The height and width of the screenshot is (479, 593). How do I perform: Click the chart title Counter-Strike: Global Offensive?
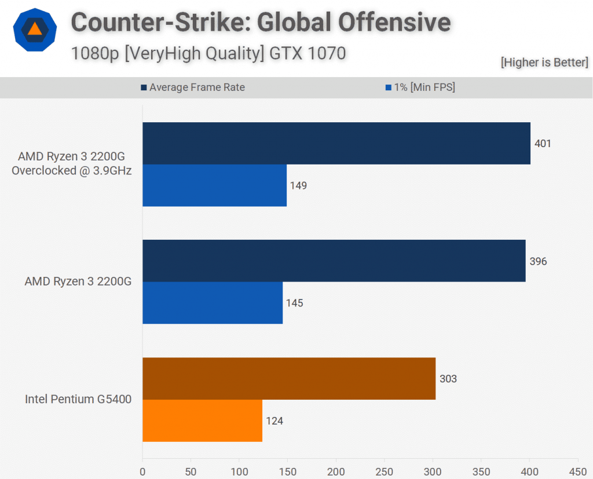point(261,23)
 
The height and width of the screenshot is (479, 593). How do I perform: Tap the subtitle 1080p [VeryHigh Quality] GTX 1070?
point(208,53)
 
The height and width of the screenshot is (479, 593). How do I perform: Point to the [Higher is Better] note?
point(544,63)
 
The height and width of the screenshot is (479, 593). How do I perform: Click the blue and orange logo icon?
point(35,30)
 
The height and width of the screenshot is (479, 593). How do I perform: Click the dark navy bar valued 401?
point(336,143)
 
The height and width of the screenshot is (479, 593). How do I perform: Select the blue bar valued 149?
point(214,185)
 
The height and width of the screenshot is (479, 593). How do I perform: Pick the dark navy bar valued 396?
point(334,261)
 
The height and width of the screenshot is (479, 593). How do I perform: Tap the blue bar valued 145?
point(213,302)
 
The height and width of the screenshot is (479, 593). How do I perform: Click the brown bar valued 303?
point(288,378)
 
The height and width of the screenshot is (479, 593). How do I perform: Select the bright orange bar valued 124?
point(202,421)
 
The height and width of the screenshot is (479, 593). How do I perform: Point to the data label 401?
point(543,143)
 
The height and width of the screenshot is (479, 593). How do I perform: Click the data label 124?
point(274,421)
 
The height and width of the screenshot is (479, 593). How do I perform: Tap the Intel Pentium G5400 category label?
point(78,399)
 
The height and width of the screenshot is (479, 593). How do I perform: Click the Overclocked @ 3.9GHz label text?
point(76,170)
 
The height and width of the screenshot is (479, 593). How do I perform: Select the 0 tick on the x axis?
point(142,471)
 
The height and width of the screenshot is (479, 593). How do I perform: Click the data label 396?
point(538,261)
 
